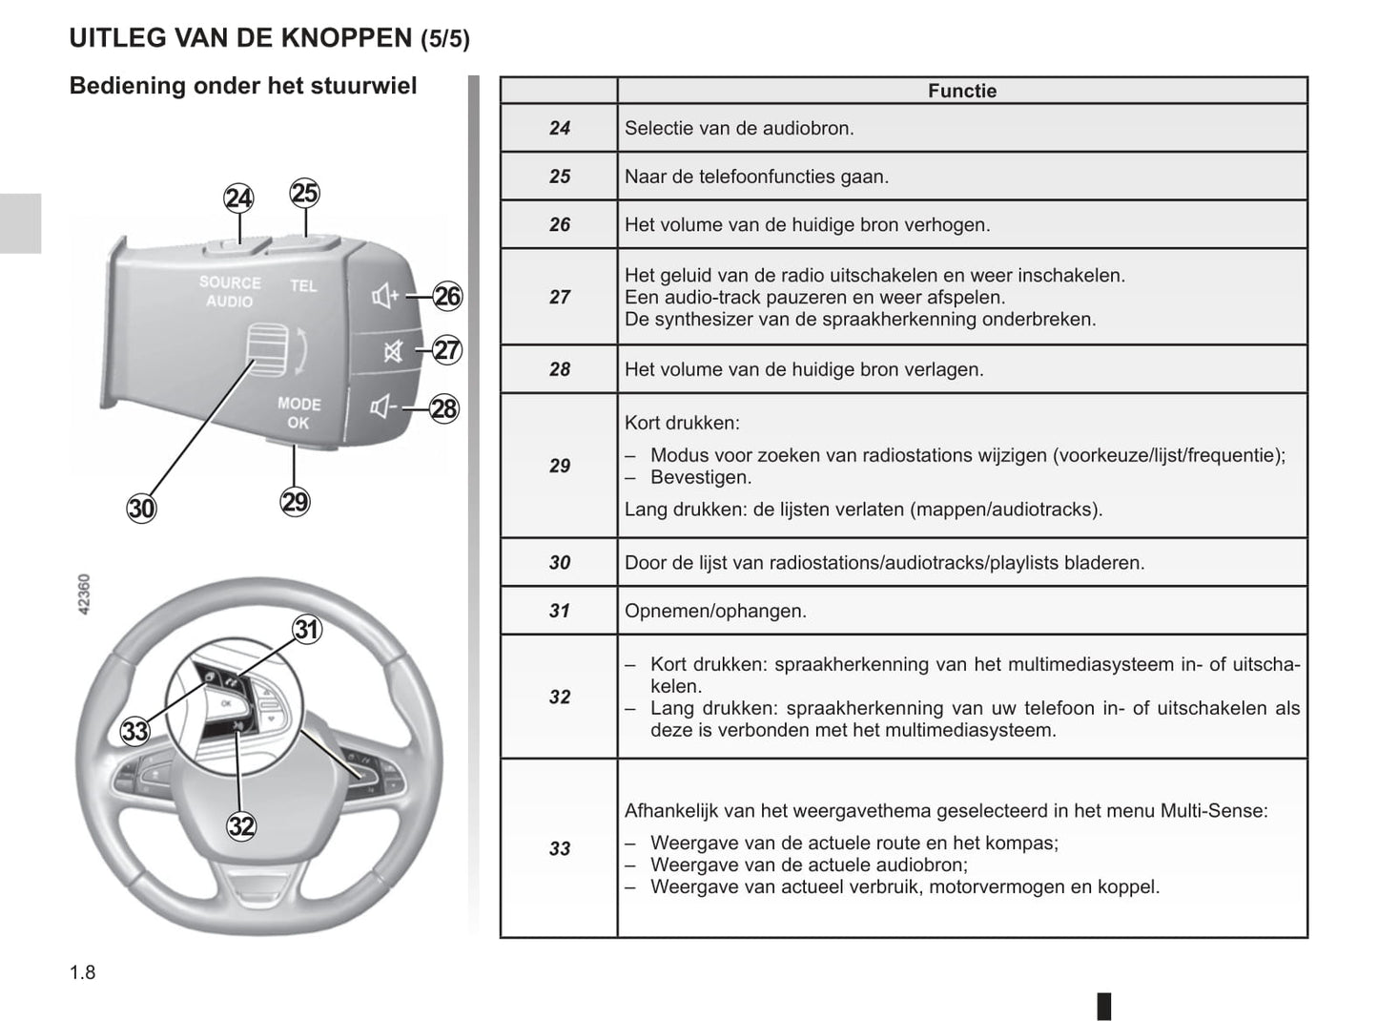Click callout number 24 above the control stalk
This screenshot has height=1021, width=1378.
click(x=238, y=198)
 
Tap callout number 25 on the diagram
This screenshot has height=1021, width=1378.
click(x=304, y=194)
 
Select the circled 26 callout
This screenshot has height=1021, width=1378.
click(x=446, y=297)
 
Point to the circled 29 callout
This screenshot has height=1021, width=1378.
click(x=295, y=502)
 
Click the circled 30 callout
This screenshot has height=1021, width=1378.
click(x=141, y=509)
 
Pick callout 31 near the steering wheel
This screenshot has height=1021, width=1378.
click(x=306, y=630)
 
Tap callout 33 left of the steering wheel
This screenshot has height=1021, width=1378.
click(x=135, y=732)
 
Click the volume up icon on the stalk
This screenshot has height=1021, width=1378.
click(x=385, y=297)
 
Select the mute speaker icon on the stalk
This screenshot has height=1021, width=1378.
click(x=392, y=352)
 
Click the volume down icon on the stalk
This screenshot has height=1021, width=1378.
click(x=383, y=408)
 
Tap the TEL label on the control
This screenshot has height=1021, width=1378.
click(x=303, y=285)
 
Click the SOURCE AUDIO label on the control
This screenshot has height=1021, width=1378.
click(x=230, y=292)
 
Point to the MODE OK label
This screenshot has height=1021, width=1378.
click(x=298, y=413)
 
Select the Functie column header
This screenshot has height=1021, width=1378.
click(x=961, y=91)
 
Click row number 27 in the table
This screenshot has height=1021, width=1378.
click(x=560, y=297)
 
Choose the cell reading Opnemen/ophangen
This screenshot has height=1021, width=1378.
click(x=715, y=611)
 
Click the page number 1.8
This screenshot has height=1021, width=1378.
click(x=83, y=972)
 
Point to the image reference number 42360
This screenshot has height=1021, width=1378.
click(x=84, y=594)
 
